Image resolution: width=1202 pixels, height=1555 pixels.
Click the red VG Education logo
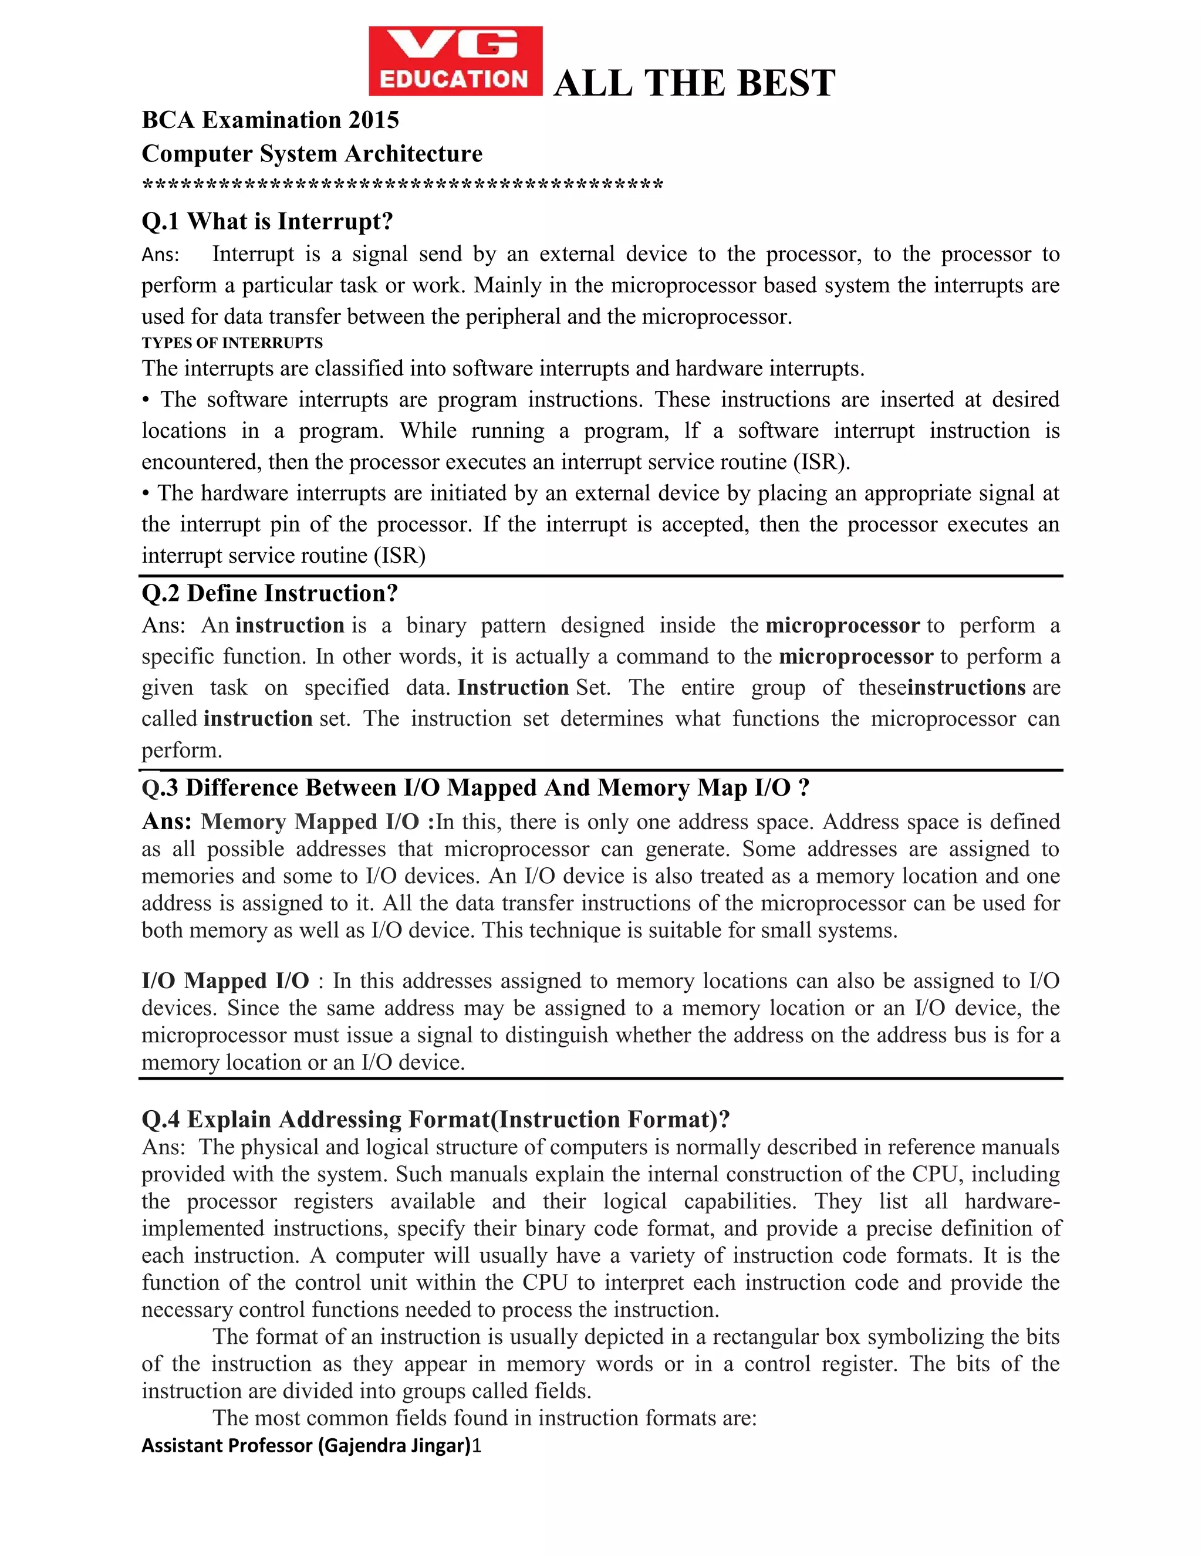(x=455, y=60)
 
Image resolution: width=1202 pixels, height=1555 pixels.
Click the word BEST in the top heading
(x=785, y=83)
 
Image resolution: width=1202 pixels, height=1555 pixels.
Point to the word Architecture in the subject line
(x=414, y=154)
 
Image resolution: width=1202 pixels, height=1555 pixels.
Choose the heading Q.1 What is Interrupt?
(x=267, y=221)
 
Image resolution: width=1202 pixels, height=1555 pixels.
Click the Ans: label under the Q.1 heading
(x=160, y=255)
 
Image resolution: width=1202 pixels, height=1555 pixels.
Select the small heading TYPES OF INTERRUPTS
(x=232, y=343)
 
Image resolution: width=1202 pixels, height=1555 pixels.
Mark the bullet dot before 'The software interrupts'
(x=146, y=400)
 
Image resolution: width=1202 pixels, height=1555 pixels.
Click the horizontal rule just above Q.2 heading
(x=601, y=575)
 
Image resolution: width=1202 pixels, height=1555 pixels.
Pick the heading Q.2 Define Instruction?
(x=270, y=593)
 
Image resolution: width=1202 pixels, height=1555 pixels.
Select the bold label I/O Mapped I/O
(x=225, y=981)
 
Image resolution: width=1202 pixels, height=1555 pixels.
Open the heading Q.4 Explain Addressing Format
(x=436, y=1119)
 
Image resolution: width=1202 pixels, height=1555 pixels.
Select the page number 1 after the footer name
(x=477, y=1445)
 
